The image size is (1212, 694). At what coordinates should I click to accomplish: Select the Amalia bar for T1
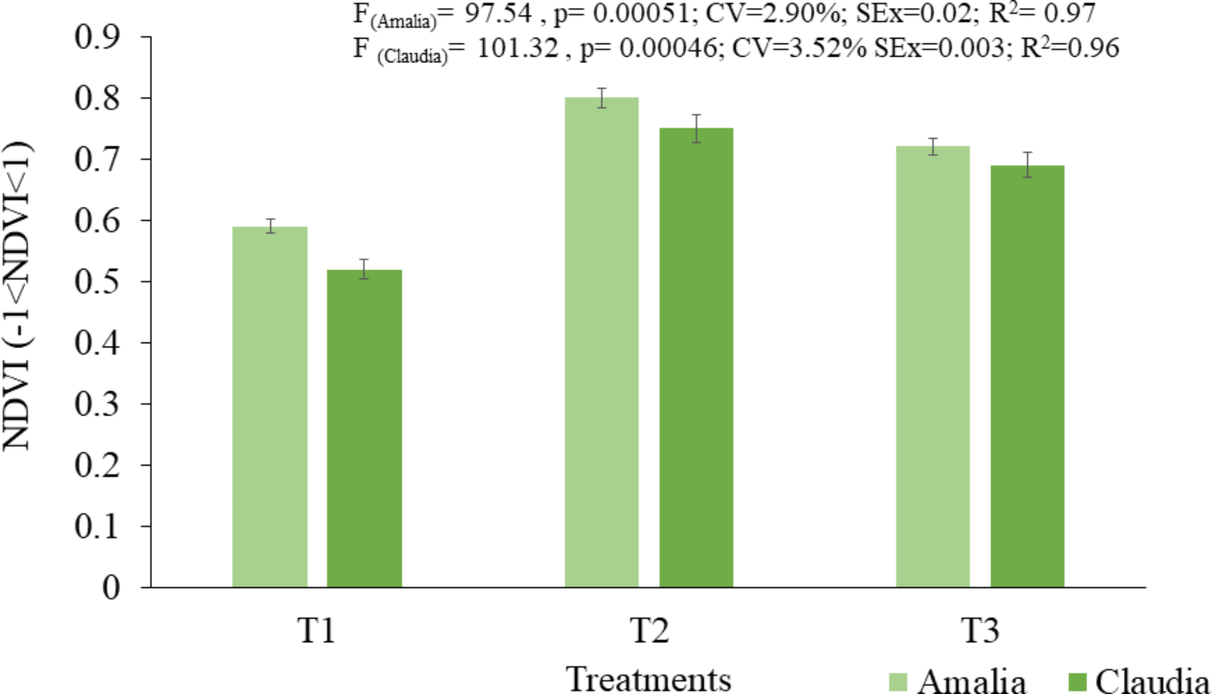coord(270,407)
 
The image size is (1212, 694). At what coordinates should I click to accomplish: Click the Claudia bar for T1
coord(364,428)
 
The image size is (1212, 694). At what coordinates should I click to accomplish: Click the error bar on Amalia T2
coord(602,98)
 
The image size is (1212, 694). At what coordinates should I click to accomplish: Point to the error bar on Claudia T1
coord(364,269)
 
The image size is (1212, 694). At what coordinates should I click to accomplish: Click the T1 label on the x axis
coord(316,630)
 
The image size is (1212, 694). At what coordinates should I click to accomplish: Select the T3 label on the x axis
coord(980,630)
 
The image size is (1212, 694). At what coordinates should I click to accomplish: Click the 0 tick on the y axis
coord(111,587)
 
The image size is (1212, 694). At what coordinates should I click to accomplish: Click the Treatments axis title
coord(649,680)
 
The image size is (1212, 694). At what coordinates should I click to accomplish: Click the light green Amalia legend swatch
coord(898,682)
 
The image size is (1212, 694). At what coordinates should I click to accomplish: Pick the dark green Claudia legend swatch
coord(1077,682)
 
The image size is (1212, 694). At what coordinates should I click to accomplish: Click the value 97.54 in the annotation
coord(497,13)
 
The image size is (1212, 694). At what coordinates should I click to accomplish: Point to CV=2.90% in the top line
coord(772,13)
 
